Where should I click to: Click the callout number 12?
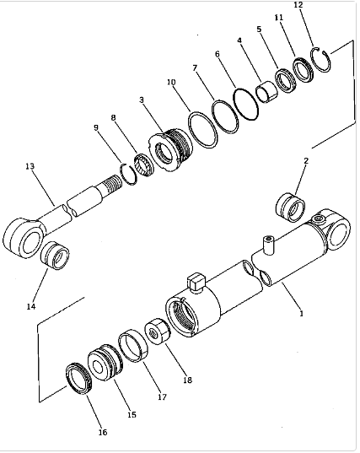tap(298, 5)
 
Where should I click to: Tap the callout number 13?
tap(30, 167)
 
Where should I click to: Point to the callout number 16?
tap(102, 432)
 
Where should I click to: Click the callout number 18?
tap(187, 380)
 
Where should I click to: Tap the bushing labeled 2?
tap(290, 205)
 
